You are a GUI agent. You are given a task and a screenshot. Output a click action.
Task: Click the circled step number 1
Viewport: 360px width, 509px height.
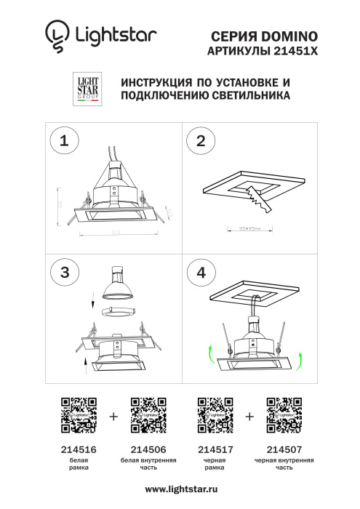coord(65,141)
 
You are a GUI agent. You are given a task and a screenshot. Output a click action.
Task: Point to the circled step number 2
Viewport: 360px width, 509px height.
coord(201,141)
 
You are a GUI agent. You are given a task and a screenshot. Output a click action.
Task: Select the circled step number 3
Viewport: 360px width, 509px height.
coord(65,272)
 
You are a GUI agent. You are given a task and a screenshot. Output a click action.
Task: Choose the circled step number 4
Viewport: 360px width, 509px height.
coord(201,272)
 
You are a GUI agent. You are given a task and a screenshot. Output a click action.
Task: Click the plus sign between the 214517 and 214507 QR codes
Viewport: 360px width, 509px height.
coord(249,417)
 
